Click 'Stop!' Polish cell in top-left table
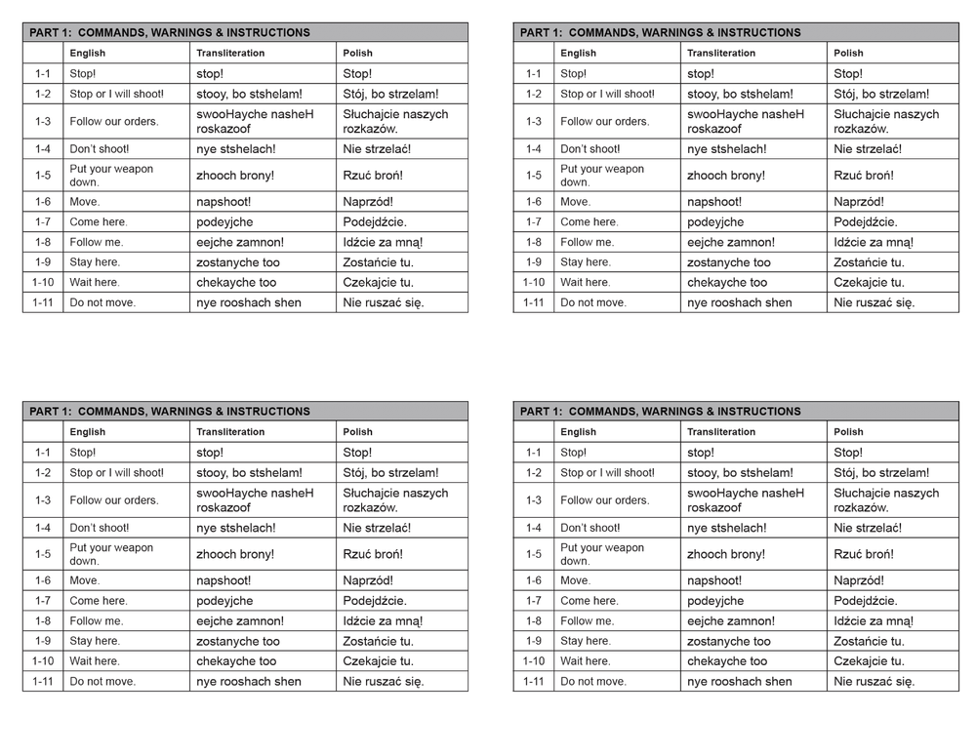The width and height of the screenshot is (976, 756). (x=357, y=74)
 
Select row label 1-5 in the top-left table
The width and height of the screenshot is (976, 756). (x=43, y=176)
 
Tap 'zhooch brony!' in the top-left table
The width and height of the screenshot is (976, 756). (x=235, y=176)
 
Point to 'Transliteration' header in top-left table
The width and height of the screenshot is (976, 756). (x=230, y=53)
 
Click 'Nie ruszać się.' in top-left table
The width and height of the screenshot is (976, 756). (x=384, y=302)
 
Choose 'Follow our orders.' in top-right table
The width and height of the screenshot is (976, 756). (x=604, y=122)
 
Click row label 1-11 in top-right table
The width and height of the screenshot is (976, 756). (x=534, y=302)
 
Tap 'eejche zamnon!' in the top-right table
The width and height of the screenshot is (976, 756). (x=731, y=242)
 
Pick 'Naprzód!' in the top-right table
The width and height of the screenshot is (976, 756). (x=859, y=202)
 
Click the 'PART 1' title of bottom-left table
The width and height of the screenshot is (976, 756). (x=170, y=412)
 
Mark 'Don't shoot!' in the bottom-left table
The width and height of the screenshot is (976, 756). (x=100, y=528)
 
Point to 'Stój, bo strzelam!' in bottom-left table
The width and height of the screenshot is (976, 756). (x=390, y=473)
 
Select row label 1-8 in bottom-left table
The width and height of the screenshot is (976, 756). (x=43, y=620)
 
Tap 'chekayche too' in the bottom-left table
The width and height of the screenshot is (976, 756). (x=236, y=661)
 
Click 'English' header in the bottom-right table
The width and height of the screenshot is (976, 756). (x=578, y=432)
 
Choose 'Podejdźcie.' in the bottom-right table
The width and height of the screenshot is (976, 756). (x=866, y=601)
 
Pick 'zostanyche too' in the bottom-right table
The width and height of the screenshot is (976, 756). (x=729, y=641)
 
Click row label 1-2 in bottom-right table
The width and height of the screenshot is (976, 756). (x=534, y=473)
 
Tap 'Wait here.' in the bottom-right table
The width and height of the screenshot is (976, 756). (x=586, y=661)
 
